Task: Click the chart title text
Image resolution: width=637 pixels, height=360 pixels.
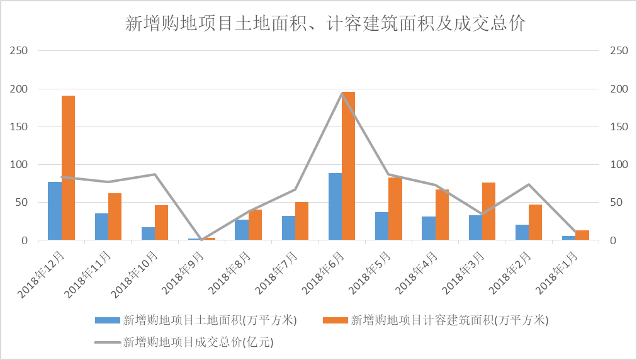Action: pos(325,24)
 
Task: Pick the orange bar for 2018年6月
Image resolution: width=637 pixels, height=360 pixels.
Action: pos(348,166)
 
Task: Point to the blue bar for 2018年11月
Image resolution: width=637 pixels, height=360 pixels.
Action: pos(101,227)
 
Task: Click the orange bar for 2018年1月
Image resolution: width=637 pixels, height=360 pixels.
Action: pos(582,235)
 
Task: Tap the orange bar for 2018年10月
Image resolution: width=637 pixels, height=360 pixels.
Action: pos(161,223)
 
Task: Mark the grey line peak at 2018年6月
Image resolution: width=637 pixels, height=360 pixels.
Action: pos(342,93)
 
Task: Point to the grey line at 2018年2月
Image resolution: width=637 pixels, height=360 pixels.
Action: pos(529,184)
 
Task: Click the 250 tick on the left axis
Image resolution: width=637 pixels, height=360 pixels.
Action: pos(20,50)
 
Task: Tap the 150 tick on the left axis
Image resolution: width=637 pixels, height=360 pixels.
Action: pos(20,127)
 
